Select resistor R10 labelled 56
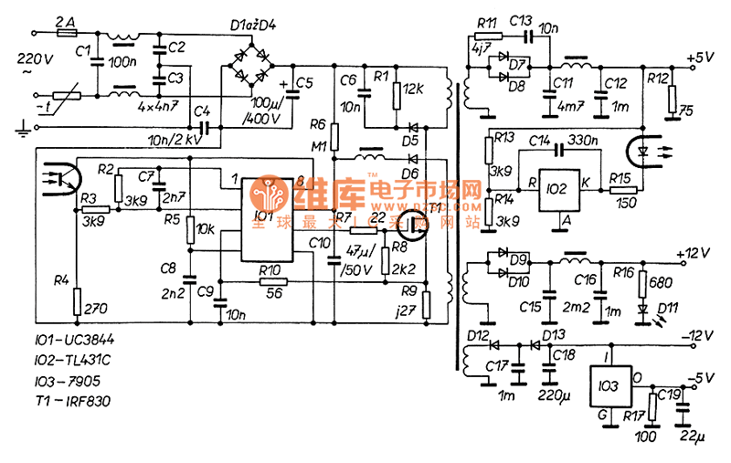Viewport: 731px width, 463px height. (269, 283)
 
